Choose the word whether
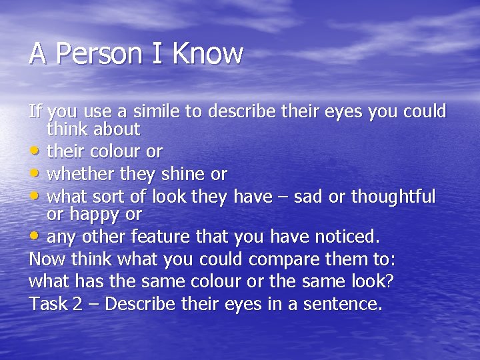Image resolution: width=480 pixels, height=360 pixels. (x=79, y=175)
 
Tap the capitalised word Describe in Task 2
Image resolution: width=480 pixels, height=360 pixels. (x=142, y=305)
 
